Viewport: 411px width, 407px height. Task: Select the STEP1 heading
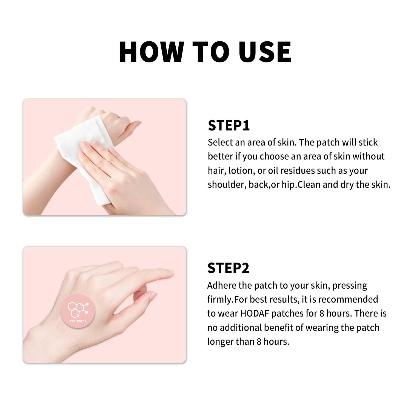click(x=229, y=126)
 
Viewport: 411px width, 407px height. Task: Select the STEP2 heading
click(x=228, y=268)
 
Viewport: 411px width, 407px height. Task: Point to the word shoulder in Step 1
click(x=227, y=185)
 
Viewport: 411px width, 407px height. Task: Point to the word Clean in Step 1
click(x=309, y=185)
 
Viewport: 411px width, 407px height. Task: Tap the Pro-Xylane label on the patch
click(x=78, y=321)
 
